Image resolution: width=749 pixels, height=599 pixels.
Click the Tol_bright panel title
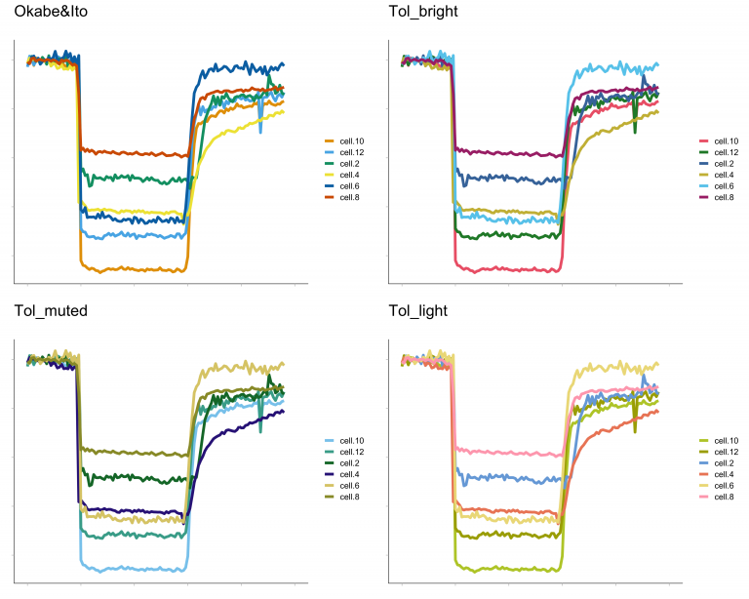[x=420, y=13]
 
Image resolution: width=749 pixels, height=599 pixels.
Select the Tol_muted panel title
[x=51, y=311]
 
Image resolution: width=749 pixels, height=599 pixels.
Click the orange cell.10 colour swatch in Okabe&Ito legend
[x=330, y=141]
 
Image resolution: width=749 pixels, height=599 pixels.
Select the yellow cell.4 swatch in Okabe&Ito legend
[x=330, y=175]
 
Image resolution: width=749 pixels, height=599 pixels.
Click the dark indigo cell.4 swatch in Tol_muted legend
[x=330, y=474]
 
